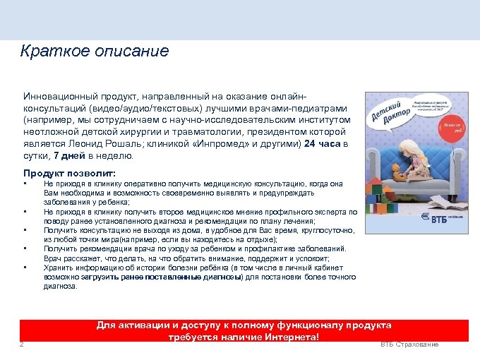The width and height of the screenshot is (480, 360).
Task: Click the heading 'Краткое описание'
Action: [95, 52]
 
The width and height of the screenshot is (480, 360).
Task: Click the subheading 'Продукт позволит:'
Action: [69, 174]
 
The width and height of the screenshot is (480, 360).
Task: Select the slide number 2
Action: [22, 344]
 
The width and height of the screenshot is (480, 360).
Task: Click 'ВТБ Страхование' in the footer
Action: [409, 344]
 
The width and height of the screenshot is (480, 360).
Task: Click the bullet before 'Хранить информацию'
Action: [25, 268]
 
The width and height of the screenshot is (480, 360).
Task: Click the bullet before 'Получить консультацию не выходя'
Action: [25, 229]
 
